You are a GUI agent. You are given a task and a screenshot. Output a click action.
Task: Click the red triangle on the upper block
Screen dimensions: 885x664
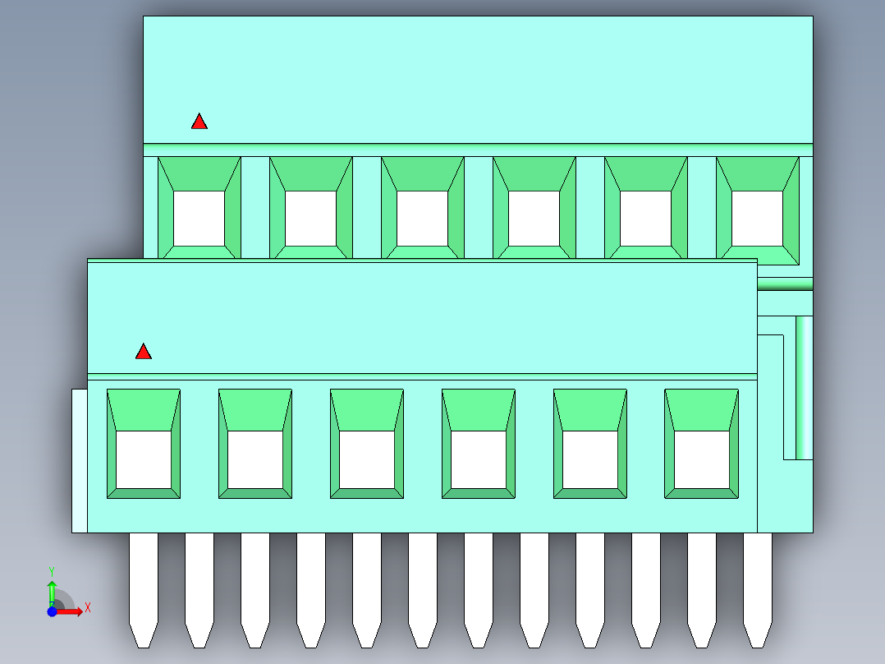(x=199, y=122)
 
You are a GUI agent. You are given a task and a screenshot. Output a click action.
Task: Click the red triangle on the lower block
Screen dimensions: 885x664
(x=144, y=352)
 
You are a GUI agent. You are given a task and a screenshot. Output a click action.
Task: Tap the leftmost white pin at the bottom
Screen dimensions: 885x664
(x=144, y=590)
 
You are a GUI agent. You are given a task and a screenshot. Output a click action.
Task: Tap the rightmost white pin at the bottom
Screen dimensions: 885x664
(x=758, y=590)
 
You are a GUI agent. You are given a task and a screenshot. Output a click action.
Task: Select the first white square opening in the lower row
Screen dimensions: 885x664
(x=144, y=459)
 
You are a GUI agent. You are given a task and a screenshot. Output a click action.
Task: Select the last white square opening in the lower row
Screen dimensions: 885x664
(x=702, y=459)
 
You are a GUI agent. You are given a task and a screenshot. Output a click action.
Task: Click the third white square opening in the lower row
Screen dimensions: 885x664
(x=367, y=459)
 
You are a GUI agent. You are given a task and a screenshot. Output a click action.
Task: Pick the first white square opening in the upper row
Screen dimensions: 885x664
(x=199, y=219)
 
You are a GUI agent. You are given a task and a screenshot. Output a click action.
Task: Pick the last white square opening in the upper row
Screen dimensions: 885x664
(x=758, y=219)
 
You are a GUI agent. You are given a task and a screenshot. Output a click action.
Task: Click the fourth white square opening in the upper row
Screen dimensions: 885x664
(x=534, y=219)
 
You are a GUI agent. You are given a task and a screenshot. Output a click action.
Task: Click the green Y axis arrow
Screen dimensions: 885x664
(x=52, y=593)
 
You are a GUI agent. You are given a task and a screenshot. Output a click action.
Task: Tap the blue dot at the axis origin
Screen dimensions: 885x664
(x=52, y=611)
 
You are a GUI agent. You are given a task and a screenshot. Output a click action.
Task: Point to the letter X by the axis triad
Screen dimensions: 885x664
(x=88, y=608)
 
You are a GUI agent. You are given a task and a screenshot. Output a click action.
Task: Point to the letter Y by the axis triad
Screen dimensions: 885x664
(x=52, y=572)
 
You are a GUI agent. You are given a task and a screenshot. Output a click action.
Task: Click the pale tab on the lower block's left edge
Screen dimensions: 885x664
(x=80, y=460)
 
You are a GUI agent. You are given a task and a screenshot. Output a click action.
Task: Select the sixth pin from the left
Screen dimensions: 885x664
(x=423, y=590)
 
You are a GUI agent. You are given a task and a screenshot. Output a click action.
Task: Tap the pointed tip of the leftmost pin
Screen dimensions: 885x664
(x=144, y=648)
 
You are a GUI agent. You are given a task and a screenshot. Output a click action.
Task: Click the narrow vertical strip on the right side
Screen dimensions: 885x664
(x=805, y=388)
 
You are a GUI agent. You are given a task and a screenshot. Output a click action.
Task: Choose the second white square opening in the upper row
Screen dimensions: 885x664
(x=311, y=219)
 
